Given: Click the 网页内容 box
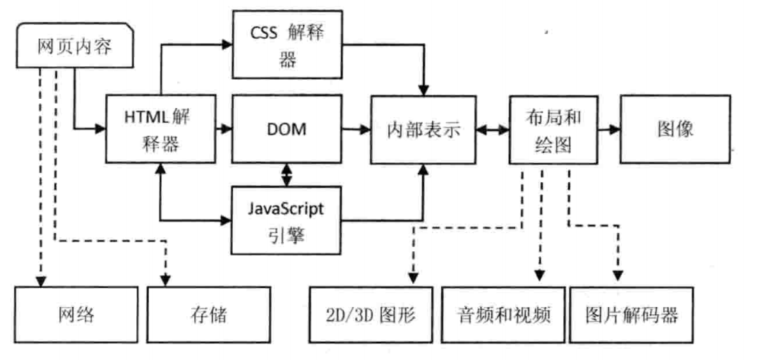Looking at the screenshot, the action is (x=75, y=44).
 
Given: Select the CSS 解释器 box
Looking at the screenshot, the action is (x=287, y=44).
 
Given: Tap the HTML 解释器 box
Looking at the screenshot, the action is (x=160, y=129).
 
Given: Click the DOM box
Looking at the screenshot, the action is (x=287, y=129).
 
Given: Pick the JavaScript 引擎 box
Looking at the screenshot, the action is (x=287, y=221).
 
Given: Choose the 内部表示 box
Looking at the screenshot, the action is (x=423, y=129).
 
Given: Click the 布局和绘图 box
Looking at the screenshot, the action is (x=553, y=129).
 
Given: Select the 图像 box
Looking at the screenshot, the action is (x=675, y=129).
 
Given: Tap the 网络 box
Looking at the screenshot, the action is (x=76, y=315).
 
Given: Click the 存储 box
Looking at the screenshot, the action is (x=208, y=315).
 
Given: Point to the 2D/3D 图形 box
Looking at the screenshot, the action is (x=371, y=315).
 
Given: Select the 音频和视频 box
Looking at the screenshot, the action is (x=503, y=315).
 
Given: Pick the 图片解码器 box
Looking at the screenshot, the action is (x=632, y=315).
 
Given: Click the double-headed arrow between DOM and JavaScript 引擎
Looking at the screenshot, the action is (x=287, y=175).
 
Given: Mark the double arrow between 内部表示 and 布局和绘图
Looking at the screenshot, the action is (x=493, y=129).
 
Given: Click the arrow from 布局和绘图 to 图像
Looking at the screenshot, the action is (x=609, y=129).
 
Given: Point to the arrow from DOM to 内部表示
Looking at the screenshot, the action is (x=356, y=129).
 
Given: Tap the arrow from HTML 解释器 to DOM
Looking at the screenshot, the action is (x=224, y=129).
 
